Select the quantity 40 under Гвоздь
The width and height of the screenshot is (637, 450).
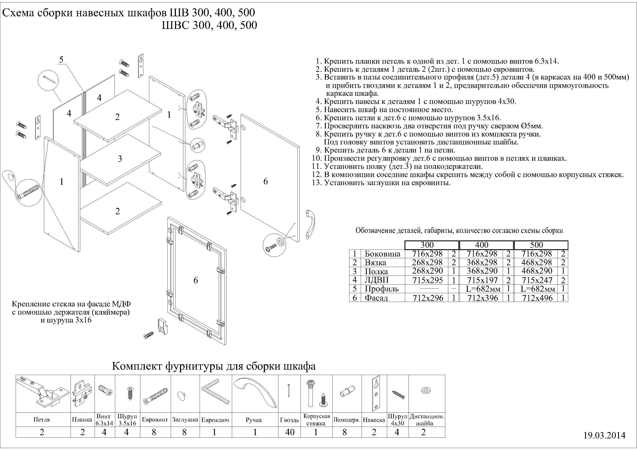click(x=290, y=432)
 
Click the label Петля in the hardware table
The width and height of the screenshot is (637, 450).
click(x=42, y=420)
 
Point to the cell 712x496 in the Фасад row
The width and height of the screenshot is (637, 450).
click(x=537, y=298)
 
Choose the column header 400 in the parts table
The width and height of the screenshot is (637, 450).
click(x=482, y=245)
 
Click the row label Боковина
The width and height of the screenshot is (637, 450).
click(x=382, y=254)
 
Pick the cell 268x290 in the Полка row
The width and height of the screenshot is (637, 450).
click(x=427, y=271)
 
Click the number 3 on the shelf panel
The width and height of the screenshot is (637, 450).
click(x=120, y=159)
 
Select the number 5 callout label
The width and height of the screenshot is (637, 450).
click(x=61, y=59)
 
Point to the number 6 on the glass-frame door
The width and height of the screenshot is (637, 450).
click(x=196, y=280)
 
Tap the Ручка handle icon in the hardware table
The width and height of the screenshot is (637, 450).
click(x=255, y=391)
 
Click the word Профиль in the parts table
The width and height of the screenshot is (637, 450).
click(x=382, y=289)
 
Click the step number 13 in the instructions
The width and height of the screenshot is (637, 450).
click(x=316, y=183)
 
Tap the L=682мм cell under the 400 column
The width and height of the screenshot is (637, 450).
click(x=483, y=289)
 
